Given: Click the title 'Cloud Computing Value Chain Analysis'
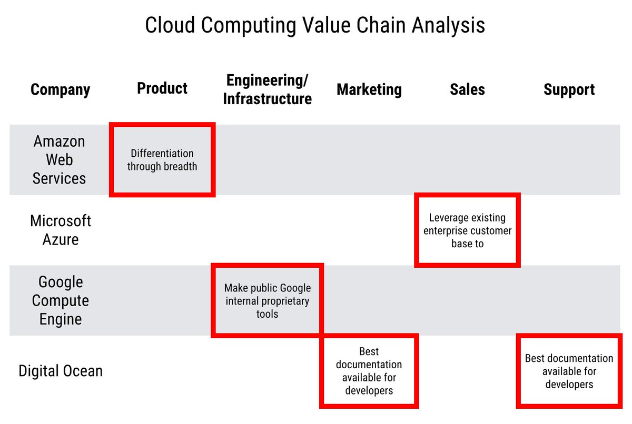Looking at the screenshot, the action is [315, 25].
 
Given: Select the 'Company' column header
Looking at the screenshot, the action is [60, 89].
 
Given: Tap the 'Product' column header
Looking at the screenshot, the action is [162, 88].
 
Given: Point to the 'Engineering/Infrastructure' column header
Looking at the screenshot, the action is [267, 89].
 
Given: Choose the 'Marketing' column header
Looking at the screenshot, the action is [369, 89].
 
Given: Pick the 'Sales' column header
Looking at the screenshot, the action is [467, 89].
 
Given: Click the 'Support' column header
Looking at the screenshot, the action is [569, 89].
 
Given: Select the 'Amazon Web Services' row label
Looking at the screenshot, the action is [59, 160].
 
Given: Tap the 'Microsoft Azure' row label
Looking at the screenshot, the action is [61, 230].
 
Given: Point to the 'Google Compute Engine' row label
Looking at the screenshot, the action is [61, 300].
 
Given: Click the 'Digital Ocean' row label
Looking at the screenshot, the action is [61, 371].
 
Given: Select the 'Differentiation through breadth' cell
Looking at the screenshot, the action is [162, 160].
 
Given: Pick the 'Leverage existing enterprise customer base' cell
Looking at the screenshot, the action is [467, 230].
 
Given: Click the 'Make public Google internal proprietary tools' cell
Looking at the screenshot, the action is [267, 301].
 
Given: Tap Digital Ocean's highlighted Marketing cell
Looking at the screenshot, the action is [369, 371].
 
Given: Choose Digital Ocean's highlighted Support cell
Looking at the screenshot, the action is [569, 371].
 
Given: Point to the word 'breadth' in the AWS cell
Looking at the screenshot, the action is [180, 167].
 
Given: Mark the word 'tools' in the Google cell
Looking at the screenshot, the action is [267, 314].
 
